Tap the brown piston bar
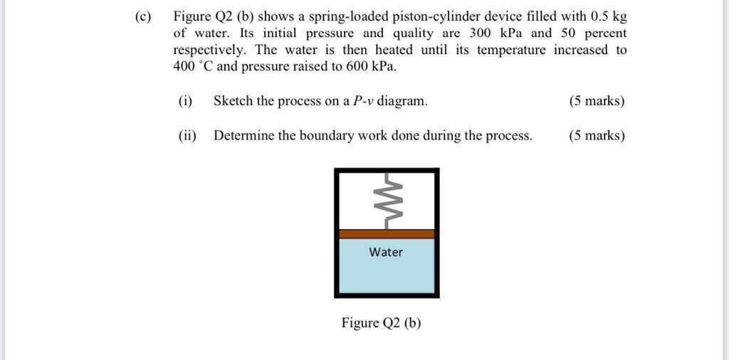386,233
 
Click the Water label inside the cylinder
386,252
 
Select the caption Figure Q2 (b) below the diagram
381,323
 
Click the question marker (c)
143,16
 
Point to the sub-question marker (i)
185,101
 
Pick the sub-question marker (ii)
187,135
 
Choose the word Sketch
233,101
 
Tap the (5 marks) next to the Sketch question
597,101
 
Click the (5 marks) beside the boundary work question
597,135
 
